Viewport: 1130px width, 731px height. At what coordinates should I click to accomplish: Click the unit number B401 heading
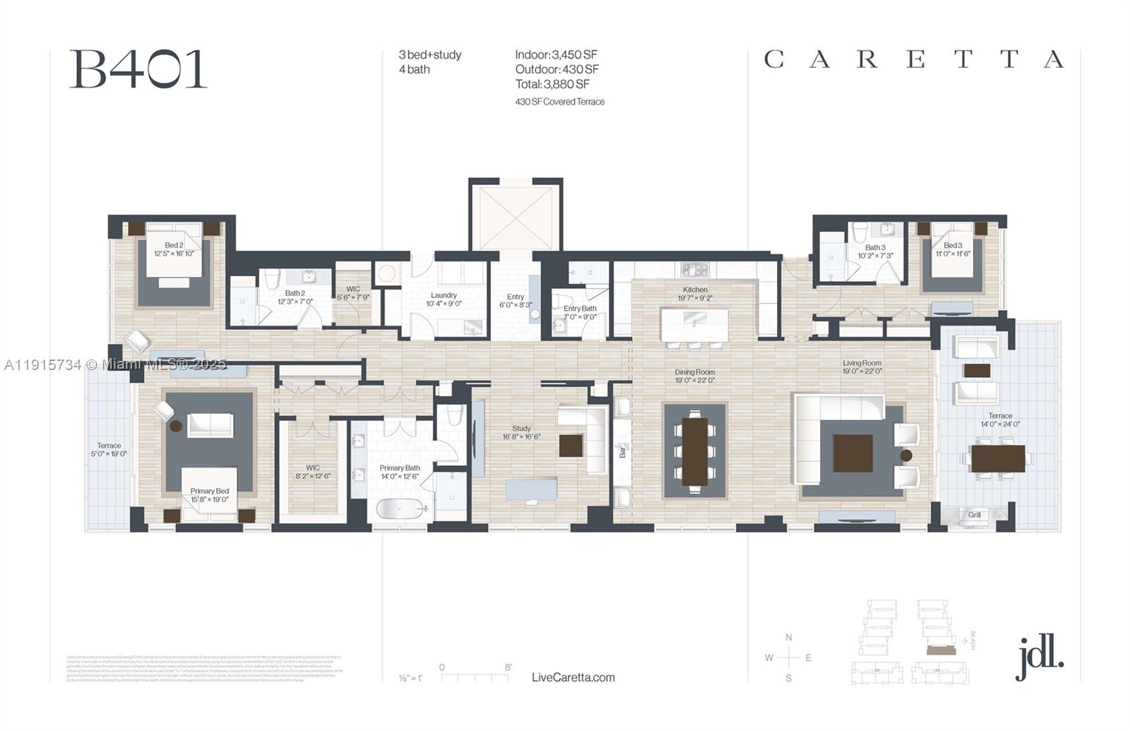coord(138,69)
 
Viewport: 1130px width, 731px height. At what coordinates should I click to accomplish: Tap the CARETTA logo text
coord(914,59)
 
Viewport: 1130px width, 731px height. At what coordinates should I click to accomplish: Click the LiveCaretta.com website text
coord(573,677)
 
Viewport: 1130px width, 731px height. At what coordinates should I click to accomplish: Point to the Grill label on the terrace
coord(975,515)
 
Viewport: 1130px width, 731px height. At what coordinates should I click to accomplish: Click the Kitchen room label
coord(695,290)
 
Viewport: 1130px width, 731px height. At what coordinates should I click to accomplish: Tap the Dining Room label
coord(695,372)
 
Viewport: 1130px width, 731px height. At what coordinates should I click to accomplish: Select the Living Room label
coord(862,363)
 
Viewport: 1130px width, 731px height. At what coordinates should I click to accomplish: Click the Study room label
coord(521,429)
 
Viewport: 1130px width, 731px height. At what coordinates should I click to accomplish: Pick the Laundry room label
coord(444,295)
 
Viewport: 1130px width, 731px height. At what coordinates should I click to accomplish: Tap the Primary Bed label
coord(209,491)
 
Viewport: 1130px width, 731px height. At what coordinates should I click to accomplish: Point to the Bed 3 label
coord(953,246)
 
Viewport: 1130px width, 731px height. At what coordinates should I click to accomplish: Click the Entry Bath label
coord(580,309)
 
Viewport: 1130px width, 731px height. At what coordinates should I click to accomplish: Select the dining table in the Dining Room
coord(694,452)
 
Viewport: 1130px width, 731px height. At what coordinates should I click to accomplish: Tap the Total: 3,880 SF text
coord(552,84)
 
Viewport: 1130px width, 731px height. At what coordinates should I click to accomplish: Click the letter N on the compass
coord(789,638)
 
